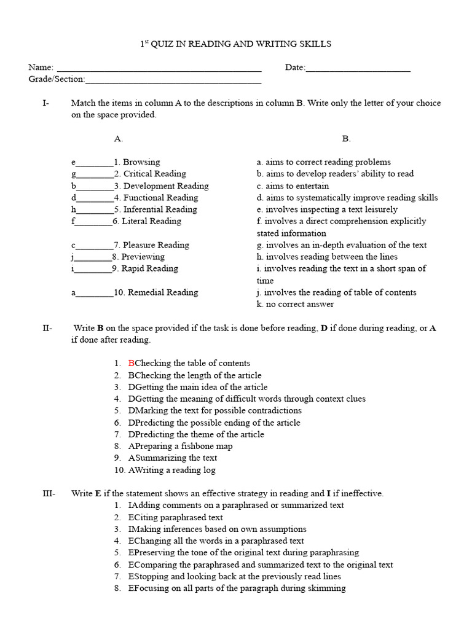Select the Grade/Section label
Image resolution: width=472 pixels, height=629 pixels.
[57, 79]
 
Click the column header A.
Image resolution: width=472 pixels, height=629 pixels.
[119, 139]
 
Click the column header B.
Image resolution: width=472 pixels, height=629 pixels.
[347, 139]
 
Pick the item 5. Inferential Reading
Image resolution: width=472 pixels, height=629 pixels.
[155, 209]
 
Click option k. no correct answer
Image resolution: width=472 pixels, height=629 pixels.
[296, 304]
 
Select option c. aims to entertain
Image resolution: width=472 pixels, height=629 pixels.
[293, 186]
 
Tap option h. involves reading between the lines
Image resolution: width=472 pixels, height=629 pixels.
[327, 257]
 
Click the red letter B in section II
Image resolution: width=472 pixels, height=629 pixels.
[131, 364]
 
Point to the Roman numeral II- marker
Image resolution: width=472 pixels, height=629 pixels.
[47, 328]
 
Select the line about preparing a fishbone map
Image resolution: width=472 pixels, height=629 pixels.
[180, 446]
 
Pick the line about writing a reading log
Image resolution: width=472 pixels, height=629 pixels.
[171, 470]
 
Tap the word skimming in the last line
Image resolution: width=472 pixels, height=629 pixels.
[327, 588]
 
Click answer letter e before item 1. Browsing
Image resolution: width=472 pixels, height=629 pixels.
[74, 163]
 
